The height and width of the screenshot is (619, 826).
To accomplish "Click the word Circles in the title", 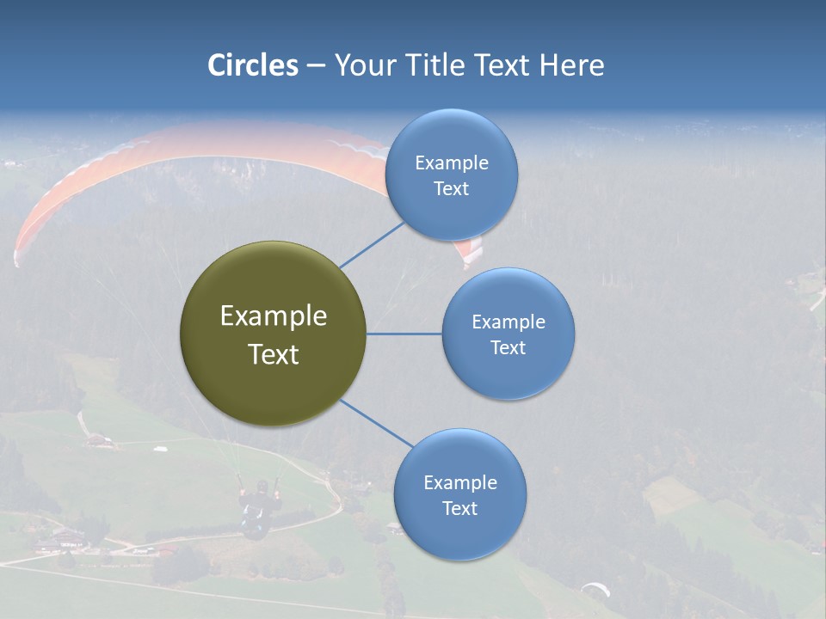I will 252,65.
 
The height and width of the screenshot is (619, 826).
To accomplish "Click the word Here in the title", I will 571,65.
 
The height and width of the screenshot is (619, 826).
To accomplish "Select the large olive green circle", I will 273,334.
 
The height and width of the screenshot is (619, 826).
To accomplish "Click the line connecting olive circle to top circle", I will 372,244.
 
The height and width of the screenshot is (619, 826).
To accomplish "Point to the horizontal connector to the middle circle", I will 404,334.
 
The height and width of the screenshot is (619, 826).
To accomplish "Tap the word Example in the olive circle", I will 273,316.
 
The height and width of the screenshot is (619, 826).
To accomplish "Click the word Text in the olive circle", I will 273,354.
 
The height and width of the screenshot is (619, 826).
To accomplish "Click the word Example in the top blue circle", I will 451,162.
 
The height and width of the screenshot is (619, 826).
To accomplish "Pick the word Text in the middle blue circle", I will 508,348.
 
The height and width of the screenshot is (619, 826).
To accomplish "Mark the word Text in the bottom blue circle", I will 459,508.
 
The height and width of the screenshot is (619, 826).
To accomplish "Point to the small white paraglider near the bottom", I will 595,589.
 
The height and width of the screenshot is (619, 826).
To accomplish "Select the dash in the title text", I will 315,65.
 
